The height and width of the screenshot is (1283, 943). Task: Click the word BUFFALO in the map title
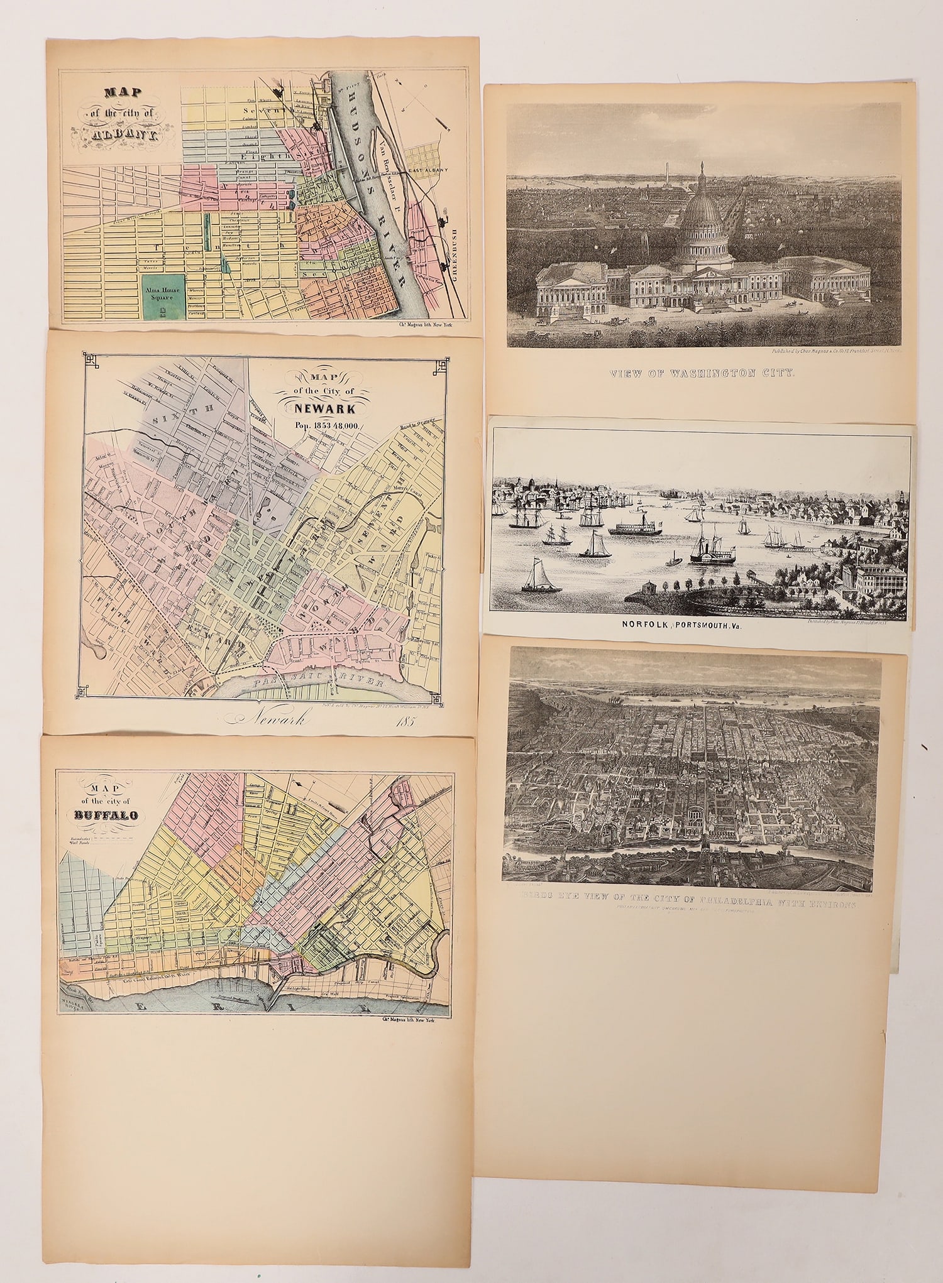[103, 816]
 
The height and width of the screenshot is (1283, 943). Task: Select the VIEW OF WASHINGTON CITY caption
[703, 373]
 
